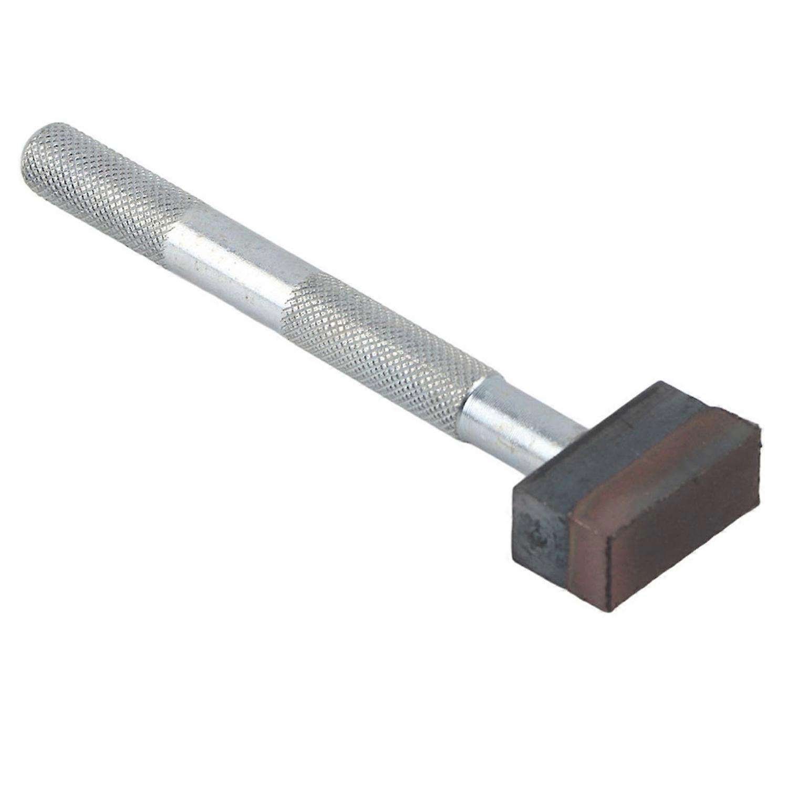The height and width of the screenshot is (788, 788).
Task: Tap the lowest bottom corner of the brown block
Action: (x=611, y=609)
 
